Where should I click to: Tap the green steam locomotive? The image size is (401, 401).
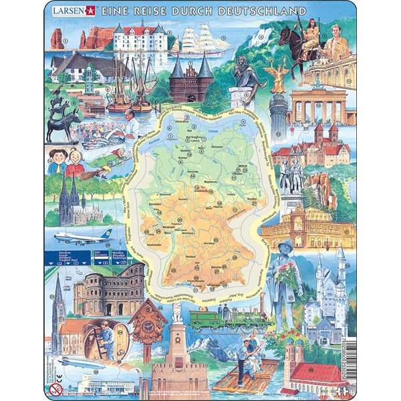tap(214, 319)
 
